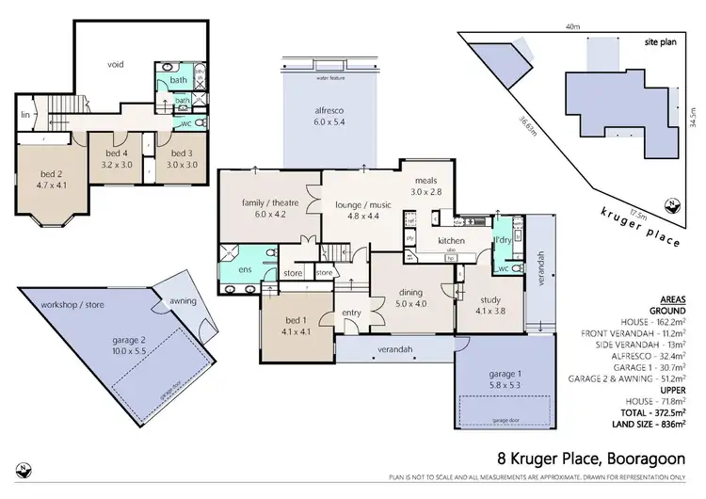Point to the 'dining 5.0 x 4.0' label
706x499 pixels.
[x=411, y=298]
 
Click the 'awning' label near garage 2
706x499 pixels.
[x=184, y=302]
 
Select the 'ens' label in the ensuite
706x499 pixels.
[x=243, y=269]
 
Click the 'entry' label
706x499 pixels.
[x=352, y=314]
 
